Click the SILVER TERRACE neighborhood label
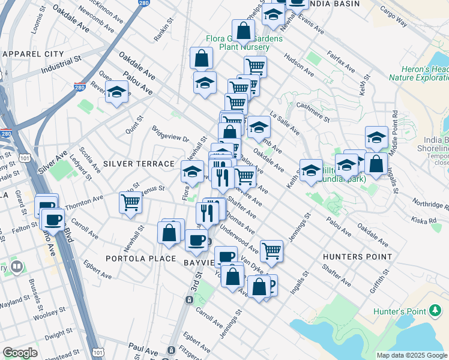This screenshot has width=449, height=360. [x=139, y=163]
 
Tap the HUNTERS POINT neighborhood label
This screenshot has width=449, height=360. [x=357, y=257]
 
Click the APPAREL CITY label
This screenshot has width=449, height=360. [x=33, y=54]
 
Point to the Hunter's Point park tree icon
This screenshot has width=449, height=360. [x=435, y=310]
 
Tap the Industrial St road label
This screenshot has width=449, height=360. [x=61, y=67]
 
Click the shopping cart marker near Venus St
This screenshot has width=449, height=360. [x=130, y=202]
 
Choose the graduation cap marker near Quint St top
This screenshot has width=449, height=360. [x=117, y=92]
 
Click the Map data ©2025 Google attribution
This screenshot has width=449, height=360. [x=411, y=355]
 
